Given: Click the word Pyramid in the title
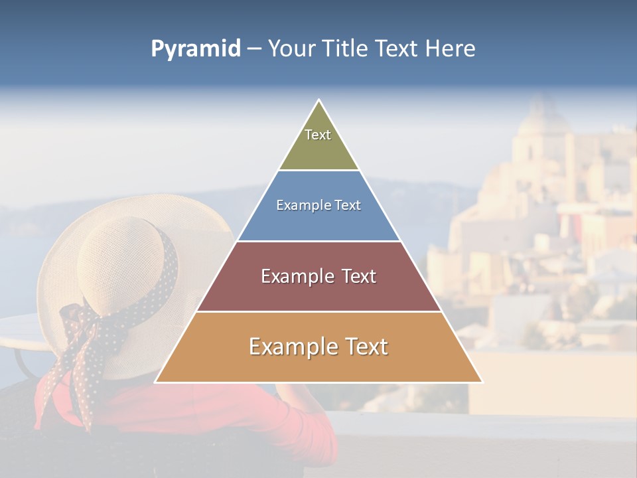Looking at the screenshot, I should tap(196, 48).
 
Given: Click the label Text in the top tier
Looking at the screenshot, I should tap(318, 135).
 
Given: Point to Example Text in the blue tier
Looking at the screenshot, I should tap(318, 205).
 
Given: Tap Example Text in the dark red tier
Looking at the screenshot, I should tap(318, 276).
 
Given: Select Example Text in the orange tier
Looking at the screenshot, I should tap(318, 347).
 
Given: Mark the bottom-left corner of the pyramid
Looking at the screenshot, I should tap(156, 382).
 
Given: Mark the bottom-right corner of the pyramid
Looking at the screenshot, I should tap(482, 382).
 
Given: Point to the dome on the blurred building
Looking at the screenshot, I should tap(544, 116).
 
